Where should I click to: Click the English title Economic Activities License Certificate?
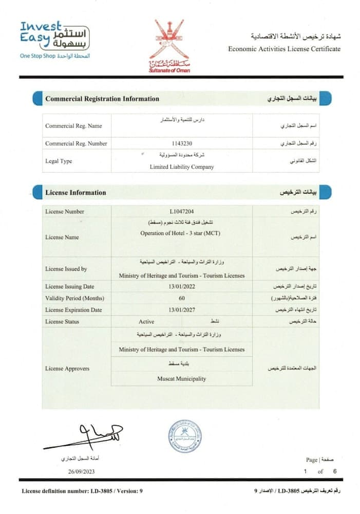[x=284, y=49]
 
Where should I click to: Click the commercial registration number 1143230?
[x=182, y=143]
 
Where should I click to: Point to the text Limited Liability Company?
[x=182, y=167]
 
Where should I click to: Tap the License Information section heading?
[x=75, y=193]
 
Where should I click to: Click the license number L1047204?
[x=182, y=211]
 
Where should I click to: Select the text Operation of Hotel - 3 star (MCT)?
[x=182, y=233]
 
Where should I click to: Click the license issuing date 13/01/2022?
[x=182, y=286]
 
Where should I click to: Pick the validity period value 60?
[x=182, y=298]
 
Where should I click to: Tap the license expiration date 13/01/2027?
[x=182, y=310]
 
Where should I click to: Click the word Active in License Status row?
[x=146, y=322]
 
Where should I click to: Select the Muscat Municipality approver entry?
[x=182, y=379]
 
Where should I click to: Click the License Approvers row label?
[x=67, y=369]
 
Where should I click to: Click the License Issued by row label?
[x=66, y=269]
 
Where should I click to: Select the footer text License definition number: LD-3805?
[x=82, y=491]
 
